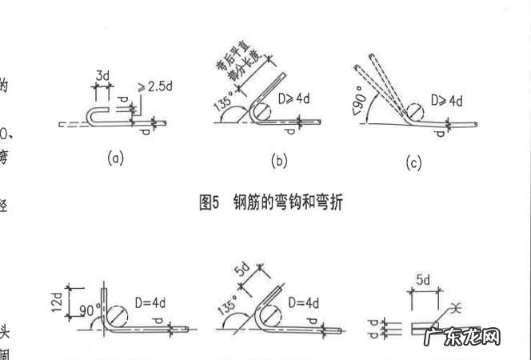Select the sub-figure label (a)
[x=116, y=158]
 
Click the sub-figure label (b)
[x=279, y=161]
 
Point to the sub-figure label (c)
[x=413, y=163]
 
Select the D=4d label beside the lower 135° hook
[x=301, y=303]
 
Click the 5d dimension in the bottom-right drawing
[x=423, y=280]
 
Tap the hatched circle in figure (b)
[x=265, y=111]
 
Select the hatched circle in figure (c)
[x=413, y=110]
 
